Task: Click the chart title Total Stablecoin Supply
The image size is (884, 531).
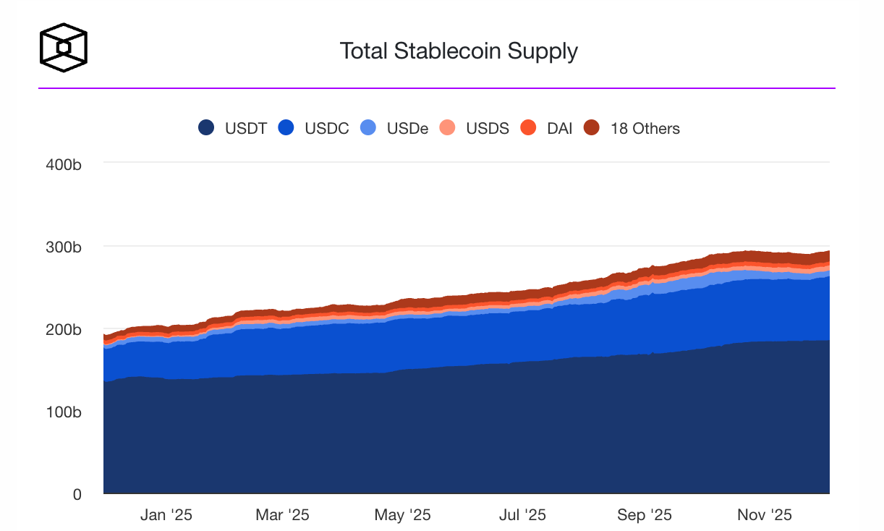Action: coord(459,51)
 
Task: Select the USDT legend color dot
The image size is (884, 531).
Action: coord(207,129)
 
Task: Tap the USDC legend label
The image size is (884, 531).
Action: coord(326,129)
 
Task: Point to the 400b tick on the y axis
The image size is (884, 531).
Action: coord(63,164)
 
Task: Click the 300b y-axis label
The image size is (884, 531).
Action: coord(63,247)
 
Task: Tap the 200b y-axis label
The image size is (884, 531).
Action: coord(63,329)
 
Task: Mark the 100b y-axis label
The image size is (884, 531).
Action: coord(63,412)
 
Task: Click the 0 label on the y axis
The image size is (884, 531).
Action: coord(76,494)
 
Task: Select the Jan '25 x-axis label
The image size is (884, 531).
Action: coord(166,515)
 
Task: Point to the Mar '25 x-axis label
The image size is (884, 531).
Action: coord(282,515)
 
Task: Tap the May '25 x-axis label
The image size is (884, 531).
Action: coord(402,515)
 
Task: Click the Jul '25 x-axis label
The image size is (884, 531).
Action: coord(522,515)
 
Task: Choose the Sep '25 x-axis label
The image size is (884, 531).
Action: coord(644,515)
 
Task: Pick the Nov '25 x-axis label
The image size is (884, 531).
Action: coord(765,515)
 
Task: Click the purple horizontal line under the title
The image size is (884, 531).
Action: coord(437,88)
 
